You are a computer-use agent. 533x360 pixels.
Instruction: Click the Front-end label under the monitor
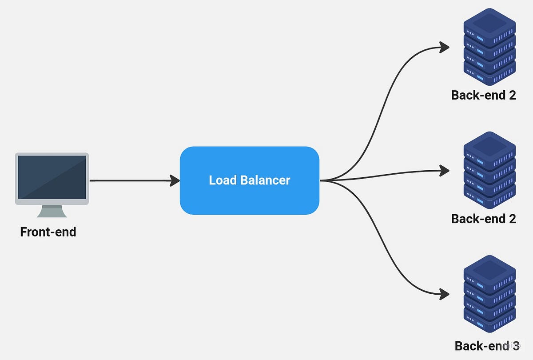click(x=48, y=232)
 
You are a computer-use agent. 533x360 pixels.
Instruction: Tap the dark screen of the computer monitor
click(x=52, y=177)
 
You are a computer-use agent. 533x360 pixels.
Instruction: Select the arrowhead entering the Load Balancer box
click(x=175, y=180)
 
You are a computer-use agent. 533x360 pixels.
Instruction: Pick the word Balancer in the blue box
click(x=266, y=180)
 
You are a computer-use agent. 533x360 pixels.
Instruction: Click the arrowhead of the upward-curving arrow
click(x=445, y=47)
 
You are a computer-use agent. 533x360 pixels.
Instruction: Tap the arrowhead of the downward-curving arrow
click(x=445, y=293)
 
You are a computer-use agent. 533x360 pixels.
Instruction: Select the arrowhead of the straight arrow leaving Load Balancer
click(x=445, y=169)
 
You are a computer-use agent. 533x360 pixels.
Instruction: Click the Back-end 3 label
click(x=487, y=346)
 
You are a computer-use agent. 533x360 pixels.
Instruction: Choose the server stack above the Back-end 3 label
click(x=489, y=293)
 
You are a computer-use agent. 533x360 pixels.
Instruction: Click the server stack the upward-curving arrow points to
click(x=489, y=47)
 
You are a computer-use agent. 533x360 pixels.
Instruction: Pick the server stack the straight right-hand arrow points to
click(x=489, y=170)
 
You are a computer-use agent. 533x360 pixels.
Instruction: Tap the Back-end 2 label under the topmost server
click(x=483, y=95)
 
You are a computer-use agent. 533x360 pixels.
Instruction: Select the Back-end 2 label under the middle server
click(x=483, y=218)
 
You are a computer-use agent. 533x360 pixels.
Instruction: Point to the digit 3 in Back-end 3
click(x=515, y=346)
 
